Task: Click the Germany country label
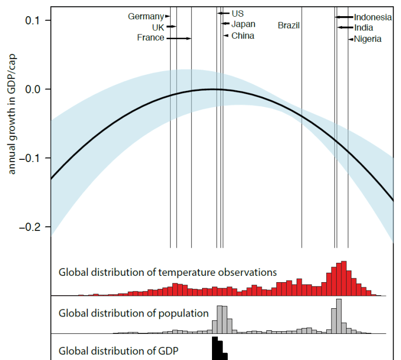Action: point(146,17)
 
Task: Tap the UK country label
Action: point(158,27)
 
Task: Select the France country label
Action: point(150,38)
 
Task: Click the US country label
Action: point(238,14)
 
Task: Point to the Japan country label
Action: point(243,24)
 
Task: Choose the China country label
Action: point(243,36)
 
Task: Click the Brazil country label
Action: point(289,25)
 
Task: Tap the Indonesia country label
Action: point(373,17)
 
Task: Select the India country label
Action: point(363,28)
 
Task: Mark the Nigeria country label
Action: point(368,39)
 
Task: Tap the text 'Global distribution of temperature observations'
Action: point(167,272)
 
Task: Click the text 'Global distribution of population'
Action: point(134,313)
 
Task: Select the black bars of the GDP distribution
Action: point(219,350)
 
